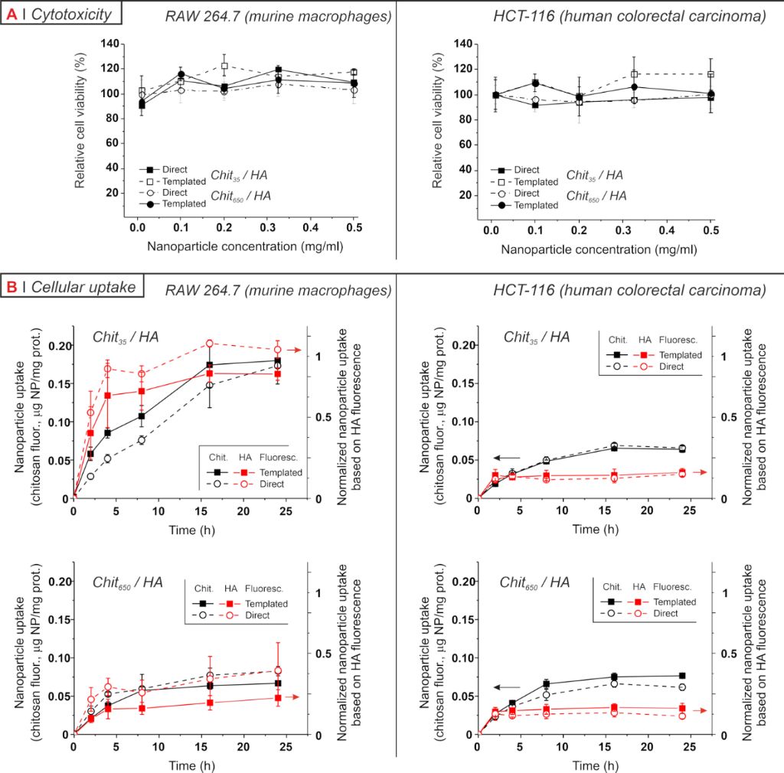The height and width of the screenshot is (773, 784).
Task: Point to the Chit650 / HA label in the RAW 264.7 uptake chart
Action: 128,582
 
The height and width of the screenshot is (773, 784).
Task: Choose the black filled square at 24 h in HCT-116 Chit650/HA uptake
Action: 681,676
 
